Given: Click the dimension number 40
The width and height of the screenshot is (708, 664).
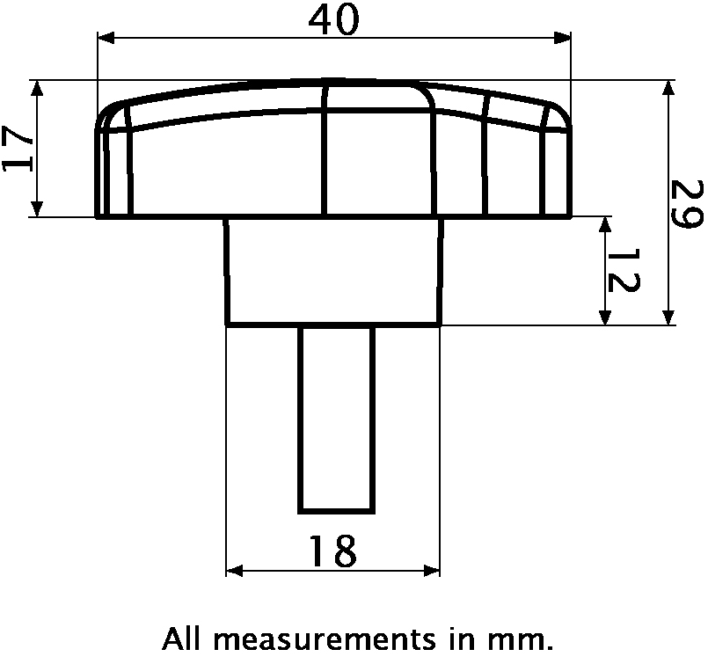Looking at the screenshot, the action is tap(334, 21).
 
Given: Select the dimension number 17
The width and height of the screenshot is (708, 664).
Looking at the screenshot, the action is tap(18, 149).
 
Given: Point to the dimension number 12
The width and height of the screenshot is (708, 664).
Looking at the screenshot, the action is tap(623, 270).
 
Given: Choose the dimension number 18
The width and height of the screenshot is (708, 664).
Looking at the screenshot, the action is tap(333, 551).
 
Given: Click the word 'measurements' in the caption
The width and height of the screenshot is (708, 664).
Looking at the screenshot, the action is tap(325, 639).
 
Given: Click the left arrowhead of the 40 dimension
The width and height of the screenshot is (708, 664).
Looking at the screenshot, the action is tap(106, 38).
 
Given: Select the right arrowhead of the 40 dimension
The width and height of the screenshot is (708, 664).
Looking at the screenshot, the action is tap(562, 38).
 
